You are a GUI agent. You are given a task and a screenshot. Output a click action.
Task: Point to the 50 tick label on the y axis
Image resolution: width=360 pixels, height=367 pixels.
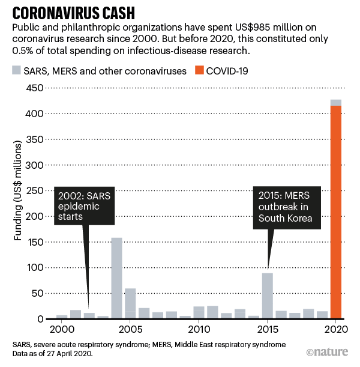(x=38, y=293)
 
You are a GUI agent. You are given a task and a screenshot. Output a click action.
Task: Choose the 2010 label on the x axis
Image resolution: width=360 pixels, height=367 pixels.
(x=198, y=329)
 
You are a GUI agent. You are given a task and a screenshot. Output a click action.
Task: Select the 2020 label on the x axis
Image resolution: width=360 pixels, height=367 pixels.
(x=335, y=329)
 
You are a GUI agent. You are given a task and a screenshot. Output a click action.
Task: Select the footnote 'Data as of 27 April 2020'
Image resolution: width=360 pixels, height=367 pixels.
(x=54, y=354)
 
